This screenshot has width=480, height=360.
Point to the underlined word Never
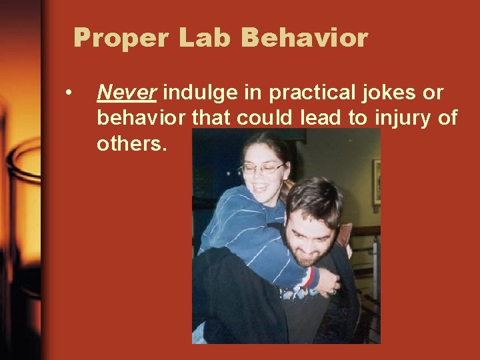point(127,93)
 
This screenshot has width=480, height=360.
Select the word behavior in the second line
point(141,119)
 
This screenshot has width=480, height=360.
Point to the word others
point(129,144)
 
